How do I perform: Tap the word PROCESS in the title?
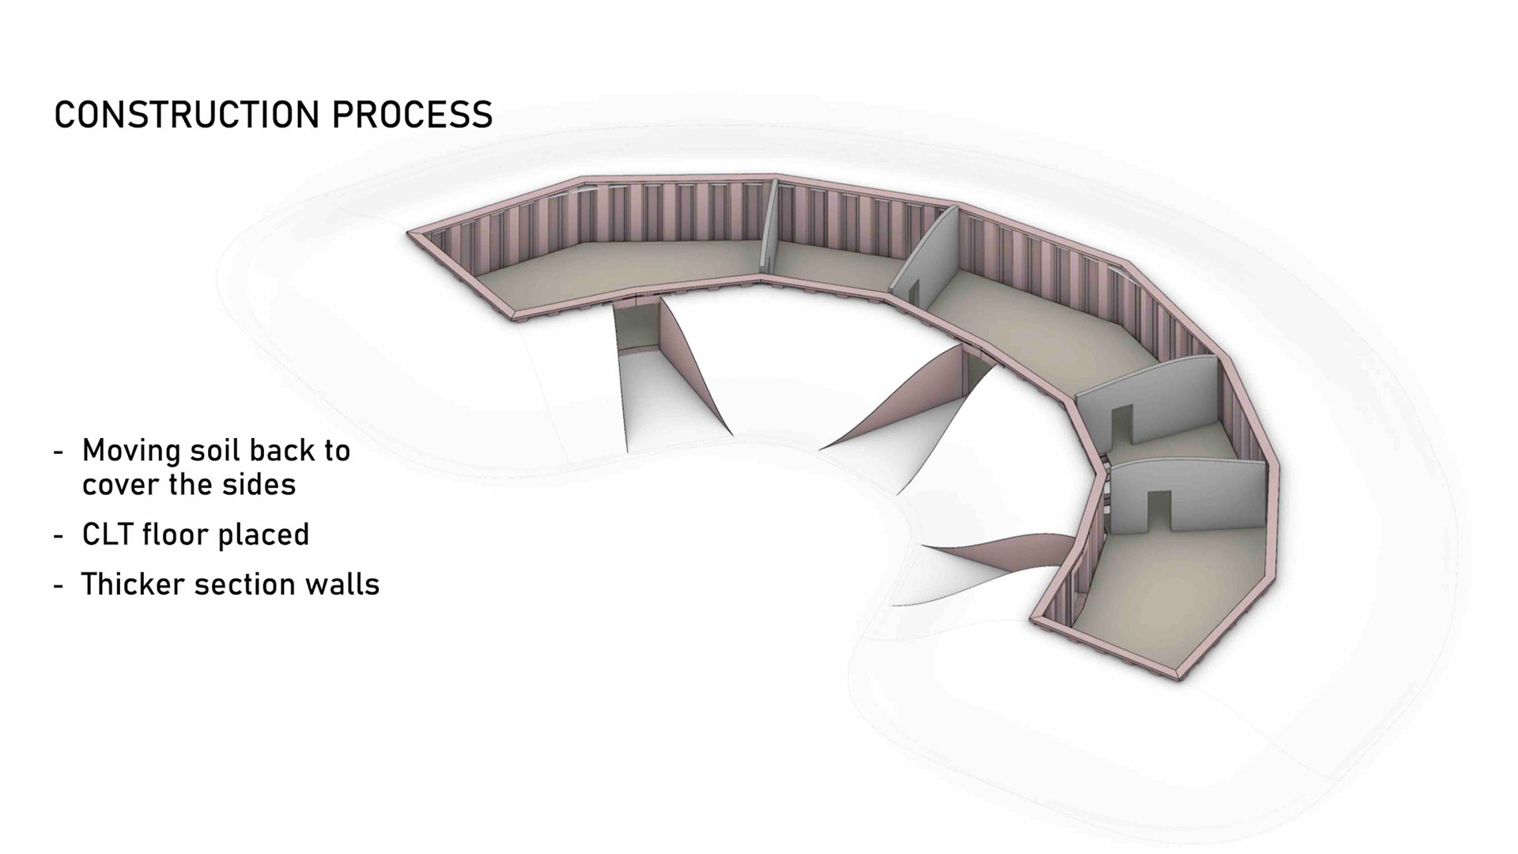point(412,115)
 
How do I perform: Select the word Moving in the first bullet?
point(131,451)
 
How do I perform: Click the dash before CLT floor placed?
point(59,535)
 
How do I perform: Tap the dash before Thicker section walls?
point(59,585)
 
